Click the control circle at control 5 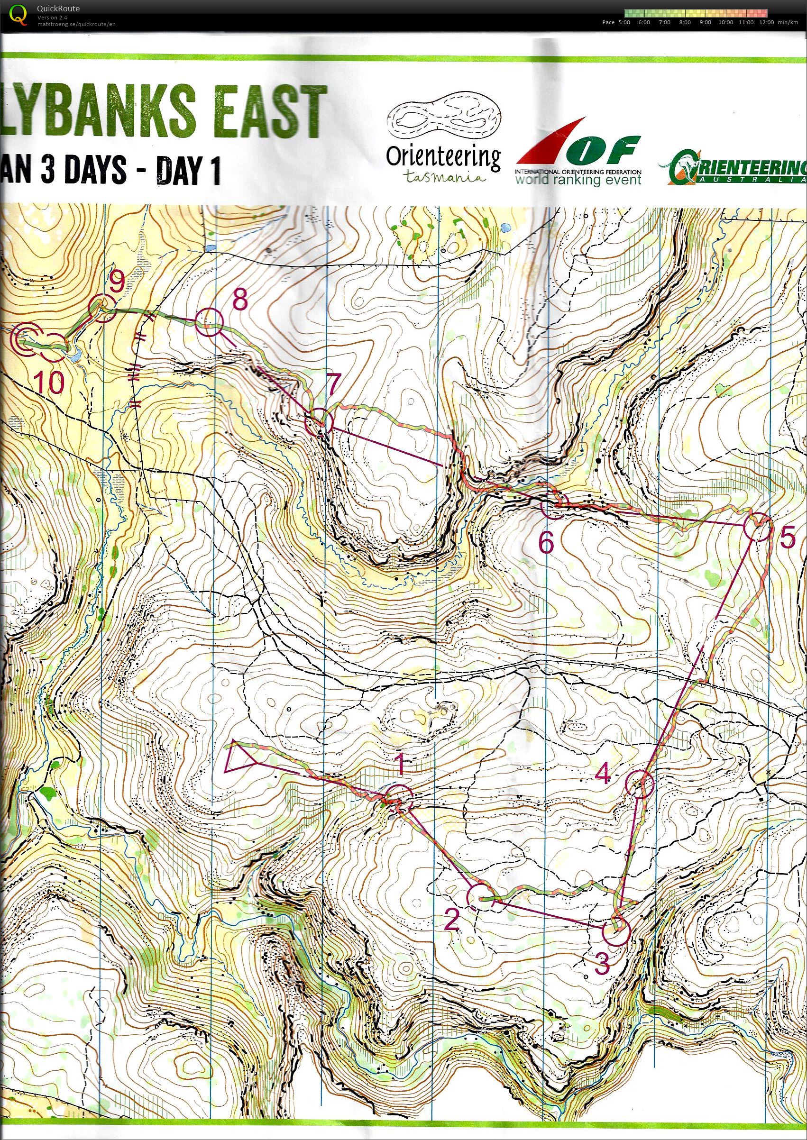[x=757, y=526]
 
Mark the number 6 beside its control [x=546, y=543]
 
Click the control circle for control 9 [x=102, y=309]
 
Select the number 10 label [x=50, y=382]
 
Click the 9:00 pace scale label [x=705, y=22]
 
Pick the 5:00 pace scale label [x=624, y=22]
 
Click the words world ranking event [x=578, y=179]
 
